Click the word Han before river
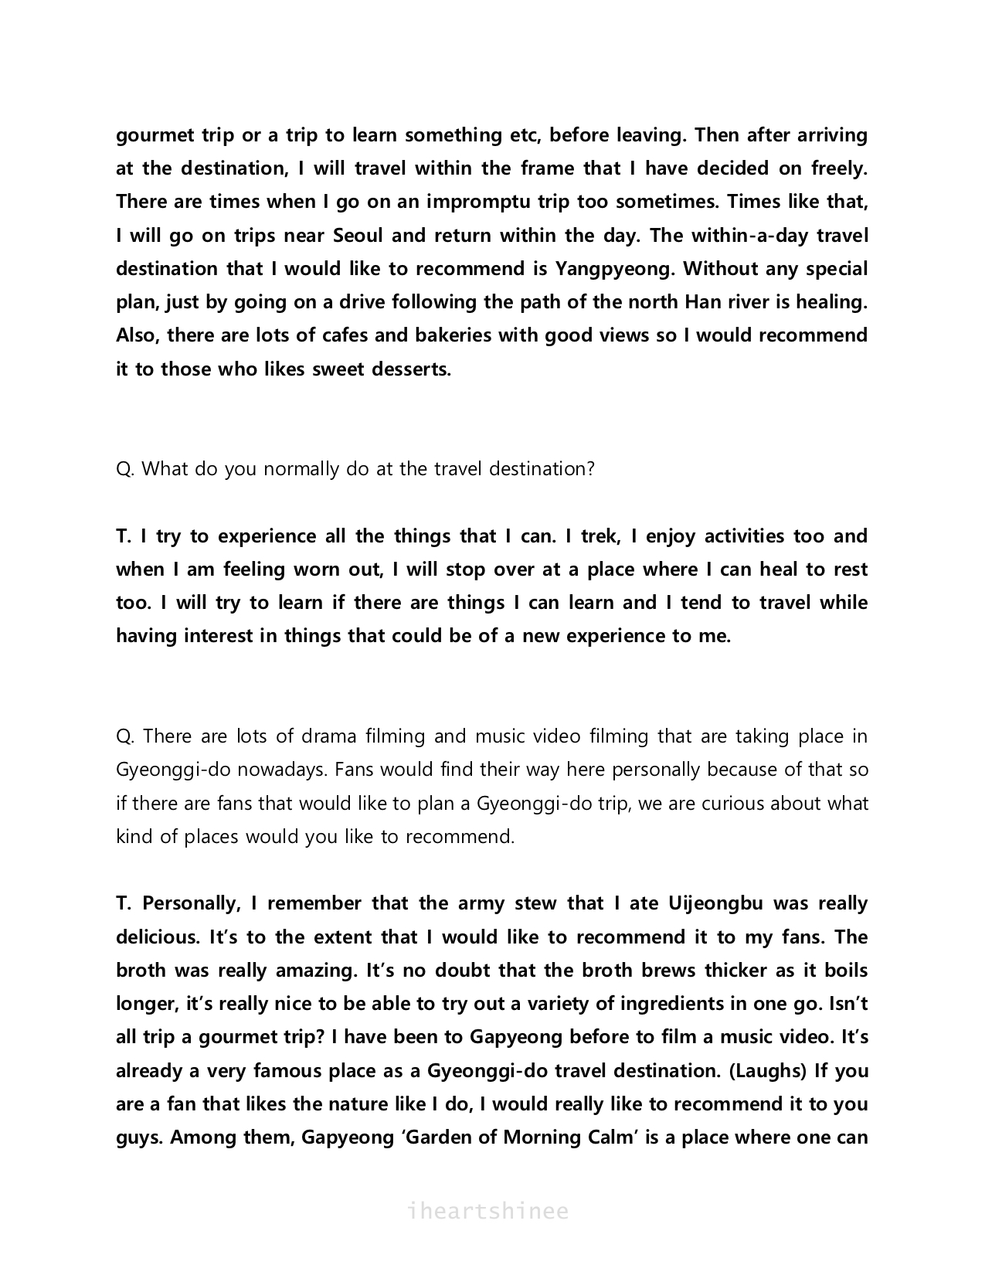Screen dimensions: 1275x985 click(701, 302)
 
